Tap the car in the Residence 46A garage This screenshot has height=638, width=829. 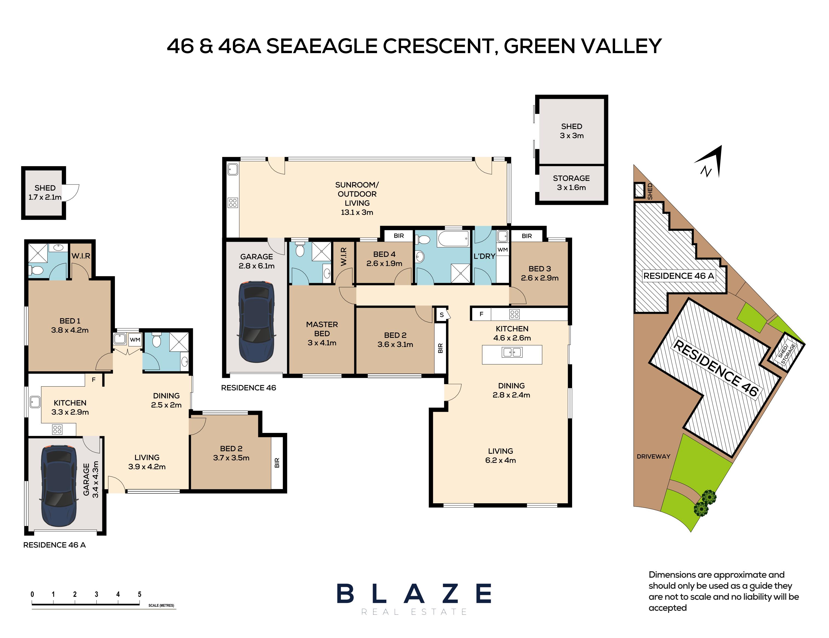coord(59,486)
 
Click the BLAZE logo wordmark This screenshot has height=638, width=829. coord(414,594)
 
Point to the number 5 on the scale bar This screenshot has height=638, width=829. coord(140,594)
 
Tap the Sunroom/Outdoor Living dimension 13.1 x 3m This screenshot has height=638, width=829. coord(357,212)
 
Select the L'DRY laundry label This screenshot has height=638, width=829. coord(484,256)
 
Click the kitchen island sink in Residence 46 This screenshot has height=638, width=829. coord(512,352)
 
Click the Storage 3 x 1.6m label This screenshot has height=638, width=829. coord(571,183)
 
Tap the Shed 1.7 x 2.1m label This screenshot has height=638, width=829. coord(45,192)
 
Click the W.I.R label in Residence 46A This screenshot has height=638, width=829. coord(81,256)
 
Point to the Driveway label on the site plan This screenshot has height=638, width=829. coord(653,456)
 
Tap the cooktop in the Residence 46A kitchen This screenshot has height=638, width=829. coord(57,430)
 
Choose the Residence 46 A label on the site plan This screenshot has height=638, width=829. coord(678,276)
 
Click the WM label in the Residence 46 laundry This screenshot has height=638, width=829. coord(502,249)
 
